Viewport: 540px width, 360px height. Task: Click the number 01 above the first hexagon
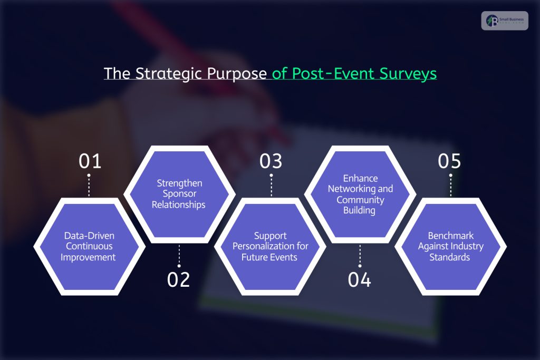[90, 161]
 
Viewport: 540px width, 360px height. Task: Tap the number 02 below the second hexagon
[179, 279]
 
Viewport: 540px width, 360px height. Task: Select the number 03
[271, 161]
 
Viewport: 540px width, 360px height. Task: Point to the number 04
[360, 279]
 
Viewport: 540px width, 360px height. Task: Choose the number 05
[450, 161]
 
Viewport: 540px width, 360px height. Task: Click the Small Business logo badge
[504, 21]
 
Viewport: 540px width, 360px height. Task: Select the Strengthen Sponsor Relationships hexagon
[179, 194]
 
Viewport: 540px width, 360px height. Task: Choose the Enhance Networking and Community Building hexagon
[360, 194]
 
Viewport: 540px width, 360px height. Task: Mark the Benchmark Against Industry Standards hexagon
[450, 246]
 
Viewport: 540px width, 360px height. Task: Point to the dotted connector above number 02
[179, 255]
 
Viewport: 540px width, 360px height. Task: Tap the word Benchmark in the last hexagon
[450, 236]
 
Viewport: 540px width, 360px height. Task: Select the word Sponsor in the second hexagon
[179, 194]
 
